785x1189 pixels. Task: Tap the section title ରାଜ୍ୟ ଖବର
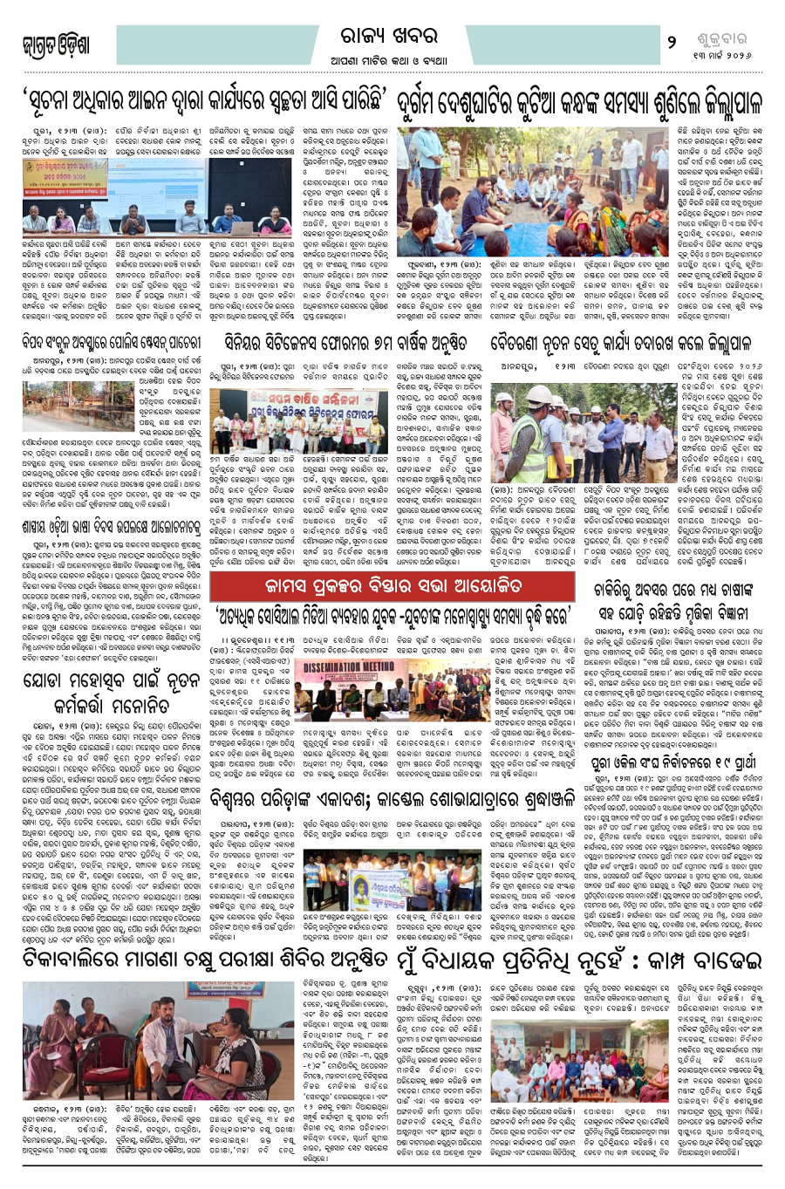pos(388,37)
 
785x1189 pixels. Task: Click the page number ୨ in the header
pos(672,41)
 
